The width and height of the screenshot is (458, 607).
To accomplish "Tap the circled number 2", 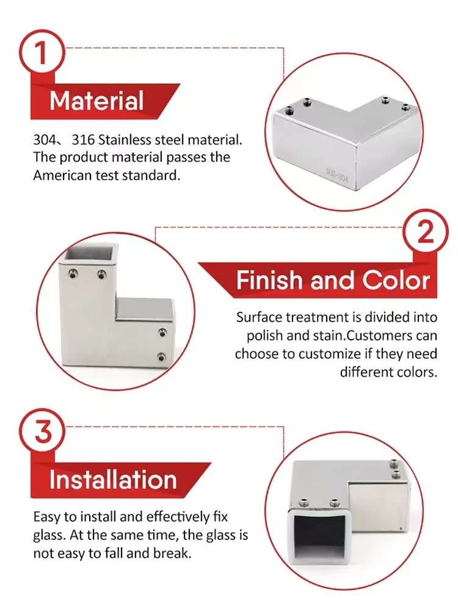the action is coord(426,232).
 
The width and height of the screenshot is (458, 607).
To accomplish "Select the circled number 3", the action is coord(43,432).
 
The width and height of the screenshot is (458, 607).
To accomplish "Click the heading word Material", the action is coord(96,101).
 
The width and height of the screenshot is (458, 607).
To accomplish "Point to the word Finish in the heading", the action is coord(269,280).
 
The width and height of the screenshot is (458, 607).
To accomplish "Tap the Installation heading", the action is coord(113,480).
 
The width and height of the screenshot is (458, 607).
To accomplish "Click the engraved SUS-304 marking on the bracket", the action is coord(336,176).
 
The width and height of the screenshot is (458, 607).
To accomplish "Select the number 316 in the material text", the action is coord(82,140).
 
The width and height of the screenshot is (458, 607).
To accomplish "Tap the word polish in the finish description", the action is coord(264,336).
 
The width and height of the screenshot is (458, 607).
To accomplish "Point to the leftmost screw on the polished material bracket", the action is coord(290,109).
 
